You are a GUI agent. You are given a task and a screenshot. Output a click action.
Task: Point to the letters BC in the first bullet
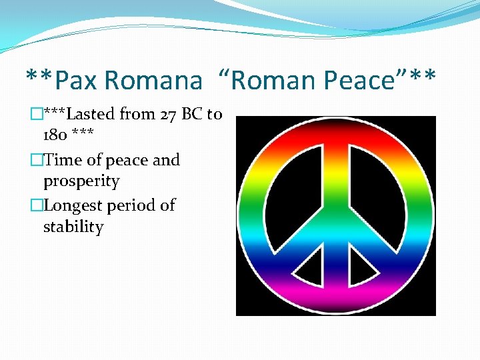click(x=192, y=114)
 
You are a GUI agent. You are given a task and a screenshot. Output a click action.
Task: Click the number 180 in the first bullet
click(x=54, y=135)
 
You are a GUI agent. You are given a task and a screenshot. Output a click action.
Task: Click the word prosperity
click(x=81, y=181)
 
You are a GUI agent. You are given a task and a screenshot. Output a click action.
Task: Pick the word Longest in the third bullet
click(x=73, y=205)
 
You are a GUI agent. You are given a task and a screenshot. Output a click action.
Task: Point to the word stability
click(x=73, y=227)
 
